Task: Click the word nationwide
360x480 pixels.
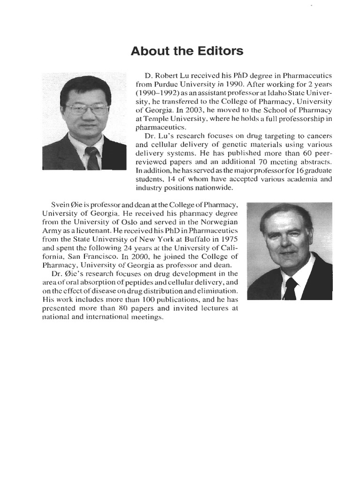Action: click(215, 187)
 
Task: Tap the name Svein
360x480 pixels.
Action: click(61, 206)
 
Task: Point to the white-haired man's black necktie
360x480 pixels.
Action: click(290, 288)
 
